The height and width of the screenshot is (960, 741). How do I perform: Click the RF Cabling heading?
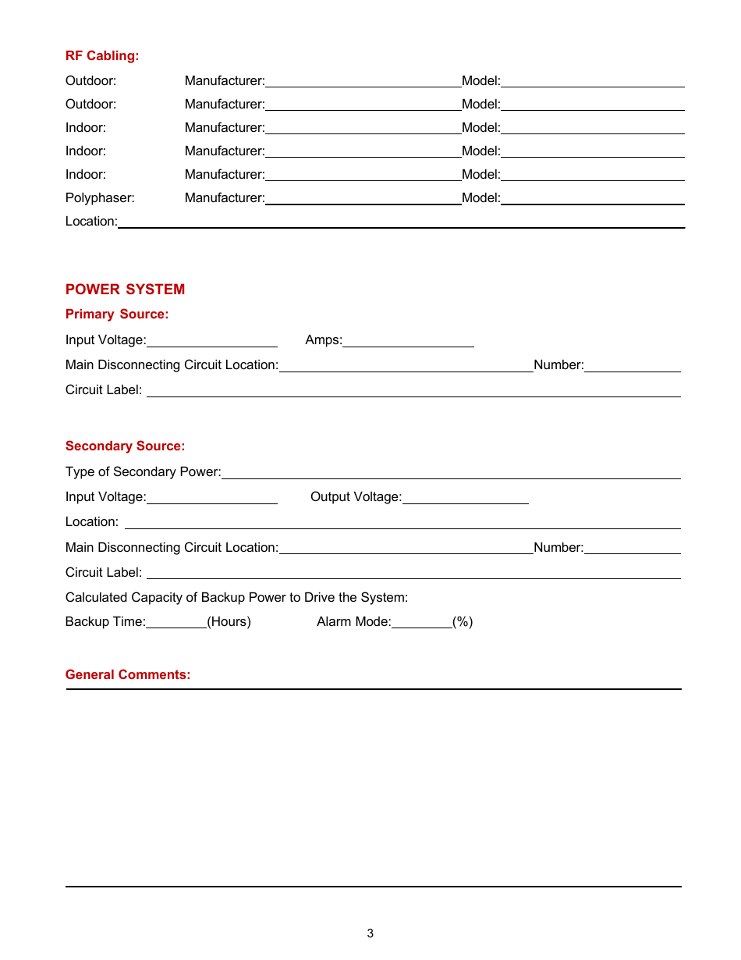[102, 56]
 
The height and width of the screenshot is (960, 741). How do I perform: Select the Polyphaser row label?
[100, 198]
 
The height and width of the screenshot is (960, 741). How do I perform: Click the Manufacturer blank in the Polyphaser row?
[363, 198]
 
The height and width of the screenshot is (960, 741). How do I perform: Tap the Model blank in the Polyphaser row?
[592, 198]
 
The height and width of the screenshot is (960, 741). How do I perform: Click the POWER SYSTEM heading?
[125, 290]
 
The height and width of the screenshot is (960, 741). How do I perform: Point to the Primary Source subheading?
[117, 315]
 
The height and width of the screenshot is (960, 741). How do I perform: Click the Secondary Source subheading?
[125, 446]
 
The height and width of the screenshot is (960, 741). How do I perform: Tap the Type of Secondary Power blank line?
[450, 473]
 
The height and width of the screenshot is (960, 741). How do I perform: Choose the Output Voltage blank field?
[465, 498]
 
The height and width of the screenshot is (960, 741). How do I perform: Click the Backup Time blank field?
[176, 623]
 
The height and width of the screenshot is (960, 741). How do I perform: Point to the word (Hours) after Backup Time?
[229, 622]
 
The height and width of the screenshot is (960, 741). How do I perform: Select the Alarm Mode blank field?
[421, 623]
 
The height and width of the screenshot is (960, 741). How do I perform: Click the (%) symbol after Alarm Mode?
[463, 622]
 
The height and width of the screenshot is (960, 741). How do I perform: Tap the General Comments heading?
[128, 675]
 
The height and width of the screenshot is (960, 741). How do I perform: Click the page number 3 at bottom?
[370, 933]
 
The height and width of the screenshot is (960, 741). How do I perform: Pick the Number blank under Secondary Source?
[632, 549]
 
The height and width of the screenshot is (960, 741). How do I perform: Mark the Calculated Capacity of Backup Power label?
[236, 598]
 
